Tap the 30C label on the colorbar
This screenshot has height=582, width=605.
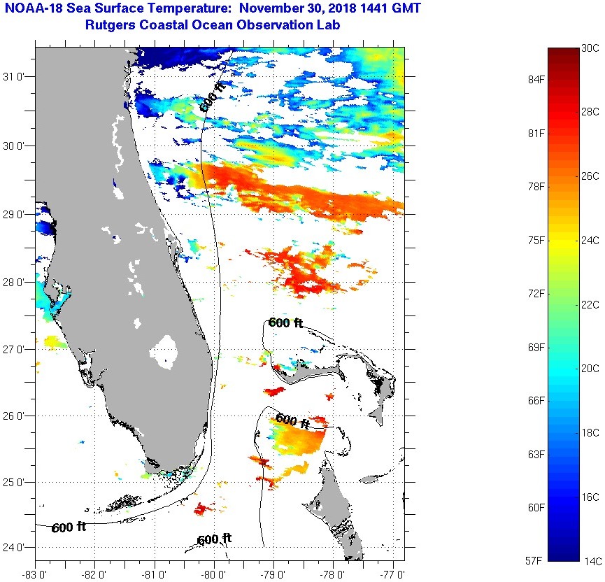click(590, 48)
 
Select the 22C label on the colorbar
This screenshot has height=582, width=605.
click(590, 305)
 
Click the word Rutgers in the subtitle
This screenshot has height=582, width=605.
click(110, 26)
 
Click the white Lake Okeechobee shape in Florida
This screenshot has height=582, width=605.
click(166, 351)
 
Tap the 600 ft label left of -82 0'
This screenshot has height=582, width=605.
click(69, 527)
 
